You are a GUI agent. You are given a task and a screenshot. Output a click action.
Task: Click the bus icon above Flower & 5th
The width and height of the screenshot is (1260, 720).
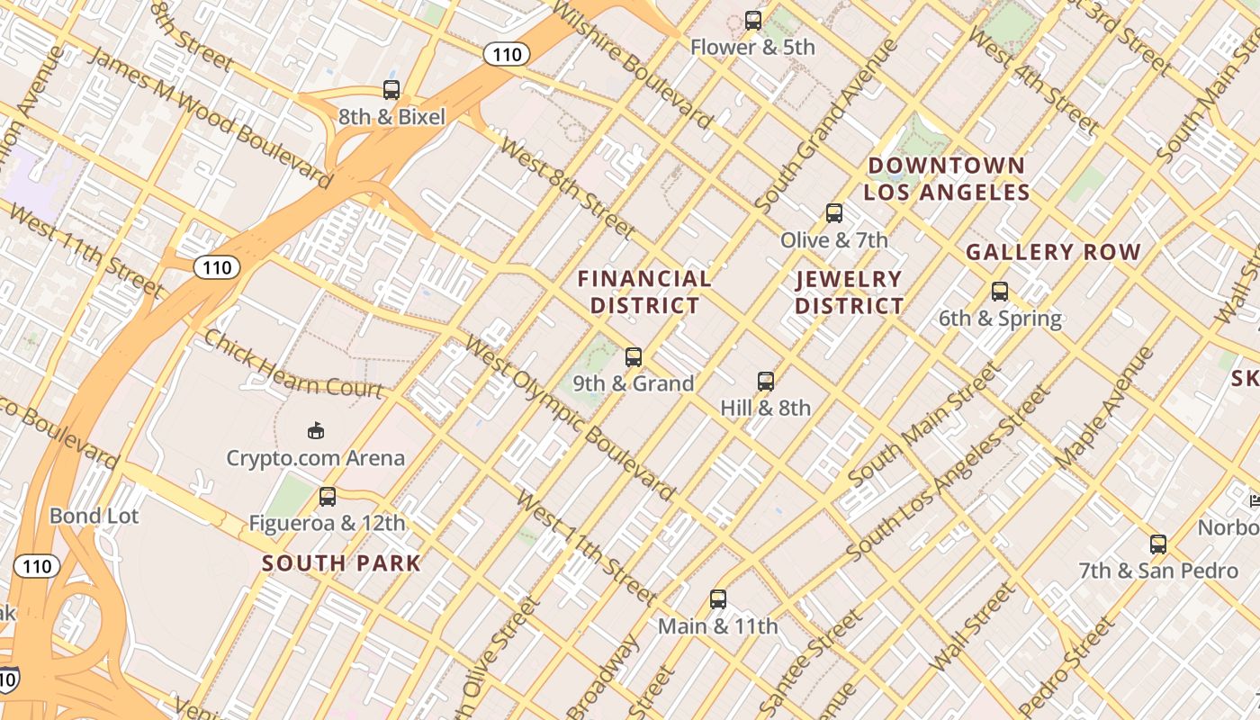click(753, 20)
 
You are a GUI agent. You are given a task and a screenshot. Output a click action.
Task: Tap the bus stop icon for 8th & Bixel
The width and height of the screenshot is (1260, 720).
click(391, 90)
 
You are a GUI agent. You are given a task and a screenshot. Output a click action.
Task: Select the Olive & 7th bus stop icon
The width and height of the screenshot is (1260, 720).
click(834, 213)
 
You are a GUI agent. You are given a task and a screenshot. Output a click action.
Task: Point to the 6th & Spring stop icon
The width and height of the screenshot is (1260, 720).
click(1000, 292)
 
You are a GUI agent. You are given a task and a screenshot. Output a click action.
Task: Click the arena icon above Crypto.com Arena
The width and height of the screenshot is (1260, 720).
click(316, 431)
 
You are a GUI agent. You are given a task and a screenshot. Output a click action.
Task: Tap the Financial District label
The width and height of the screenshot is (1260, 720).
click(644, 292)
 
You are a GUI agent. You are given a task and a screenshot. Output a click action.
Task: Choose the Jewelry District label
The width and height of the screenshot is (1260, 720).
click(849, 292)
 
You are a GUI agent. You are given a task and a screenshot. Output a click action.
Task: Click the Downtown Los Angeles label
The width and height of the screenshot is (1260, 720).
click(946, 178)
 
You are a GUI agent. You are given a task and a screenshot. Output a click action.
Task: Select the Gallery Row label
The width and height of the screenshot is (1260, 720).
click(1053, 253)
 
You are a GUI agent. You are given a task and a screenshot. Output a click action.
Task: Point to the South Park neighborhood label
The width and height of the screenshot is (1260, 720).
click(341, 564)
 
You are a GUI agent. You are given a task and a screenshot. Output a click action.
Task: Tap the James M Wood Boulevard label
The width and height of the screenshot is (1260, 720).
click(211, 118)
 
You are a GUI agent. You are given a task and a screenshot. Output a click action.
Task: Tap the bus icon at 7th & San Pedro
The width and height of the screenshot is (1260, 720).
click(1158, 544)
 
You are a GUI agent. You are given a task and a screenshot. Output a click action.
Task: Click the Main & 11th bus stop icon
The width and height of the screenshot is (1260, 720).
click(718, 599)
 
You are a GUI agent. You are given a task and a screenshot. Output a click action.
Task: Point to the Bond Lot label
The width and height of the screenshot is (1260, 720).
click(94, 517)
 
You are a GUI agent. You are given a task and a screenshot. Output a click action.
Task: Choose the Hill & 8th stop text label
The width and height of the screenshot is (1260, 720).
click(766, 409)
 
